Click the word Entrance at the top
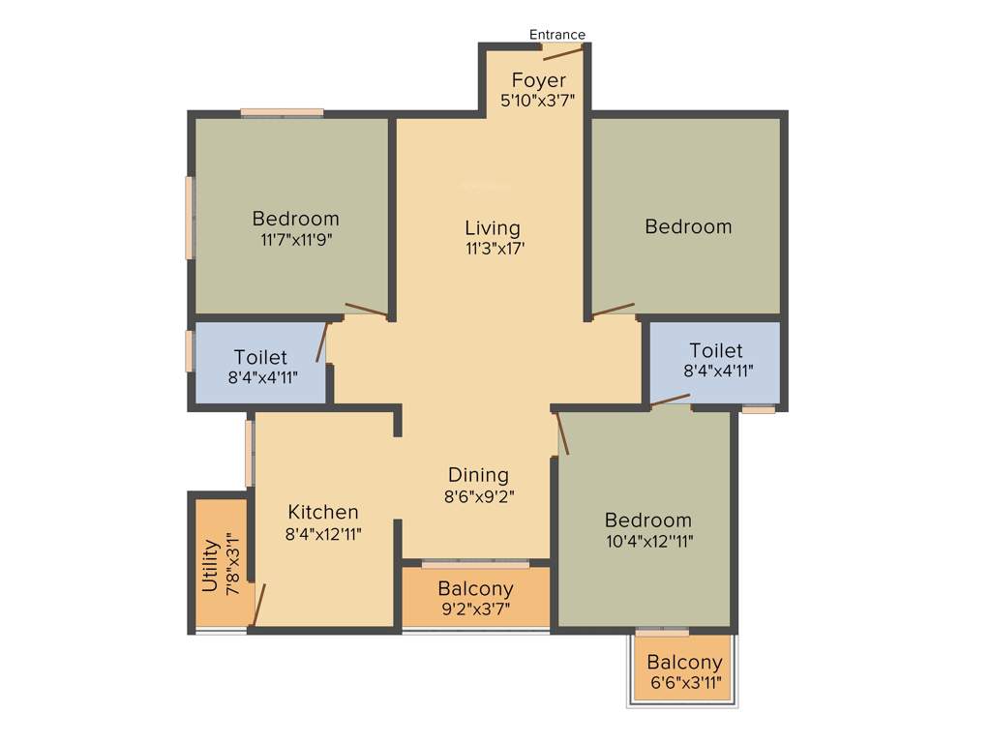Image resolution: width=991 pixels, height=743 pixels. point(556,35)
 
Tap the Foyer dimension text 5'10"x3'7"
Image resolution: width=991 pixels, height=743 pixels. point(538,100)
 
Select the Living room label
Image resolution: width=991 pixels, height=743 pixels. point(492,228)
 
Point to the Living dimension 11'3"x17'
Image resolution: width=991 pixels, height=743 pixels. point(495,249)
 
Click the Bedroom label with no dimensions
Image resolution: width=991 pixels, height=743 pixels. point(688,226)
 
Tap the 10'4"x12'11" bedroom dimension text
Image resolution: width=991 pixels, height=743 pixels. point(647,541)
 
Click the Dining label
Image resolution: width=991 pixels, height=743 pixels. point(478,475)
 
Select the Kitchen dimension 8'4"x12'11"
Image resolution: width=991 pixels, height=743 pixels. point(322,532)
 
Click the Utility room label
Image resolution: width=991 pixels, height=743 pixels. point(209,565)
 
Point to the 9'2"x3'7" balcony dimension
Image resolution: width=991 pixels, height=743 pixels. point(474,609)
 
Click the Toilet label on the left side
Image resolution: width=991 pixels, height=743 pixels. point(260,358)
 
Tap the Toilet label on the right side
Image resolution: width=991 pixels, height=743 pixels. point(716,350)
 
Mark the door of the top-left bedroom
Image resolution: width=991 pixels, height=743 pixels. point(366,311)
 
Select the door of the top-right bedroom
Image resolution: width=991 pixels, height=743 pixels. point(613,311)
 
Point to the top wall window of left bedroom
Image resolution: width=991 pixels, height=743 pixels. point(282,112)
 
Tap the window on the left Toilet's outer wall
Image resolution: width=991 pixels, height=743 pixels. point(190,351)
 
